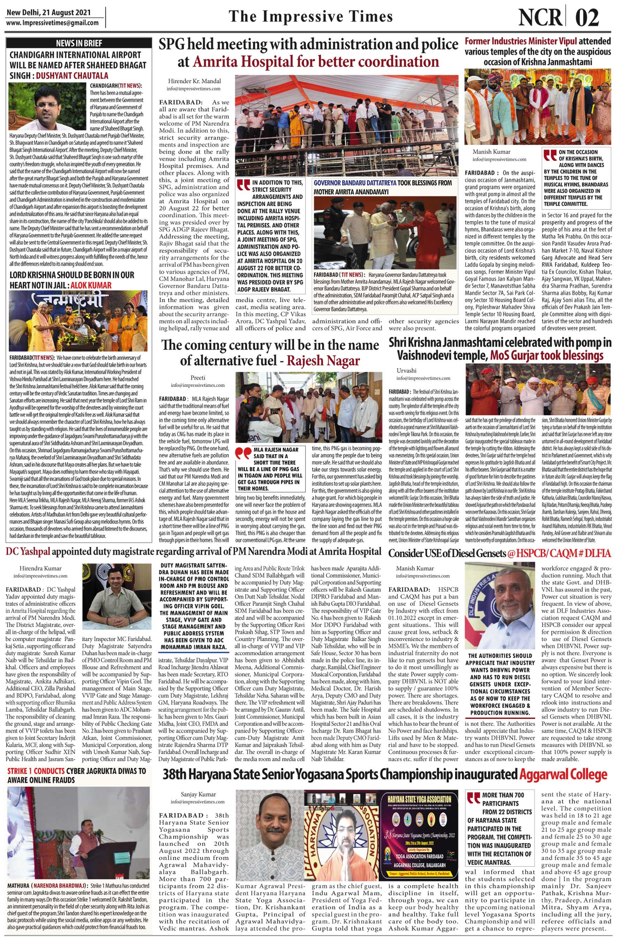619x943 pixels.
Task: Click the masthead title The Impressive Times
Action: pos(311,16)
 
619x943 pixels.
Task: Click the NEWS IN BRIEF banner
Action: pos(79,43)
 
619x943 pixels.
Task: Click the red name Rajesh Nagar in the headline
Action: pos(323,360)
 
